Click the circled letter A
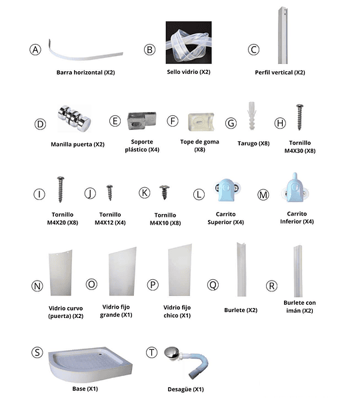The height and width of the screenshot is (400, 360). coord(35,50)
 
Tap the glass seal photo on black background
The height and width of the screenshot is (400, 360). coord(189,43)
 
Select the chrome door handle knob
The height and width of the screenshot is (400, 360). coord(74,118)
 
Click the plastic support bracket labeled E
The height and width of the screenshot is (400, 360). coord(141,121)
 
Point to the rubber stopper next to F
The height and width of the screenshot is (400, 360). coord(201,122)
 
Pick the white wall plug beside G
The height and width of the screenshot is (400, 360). coord(251,115)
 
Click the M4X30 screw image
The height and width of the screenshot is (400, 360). coord(299,117)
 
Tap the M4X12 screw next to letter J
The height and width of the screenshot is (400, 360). coord(110,193)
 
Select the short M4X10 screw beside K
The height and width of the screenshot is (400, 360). coord(165,192)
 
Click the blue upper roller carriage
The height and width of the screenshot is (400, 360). coord(227,190)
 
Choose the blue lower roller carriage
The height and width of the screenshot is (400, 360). coord(295,188)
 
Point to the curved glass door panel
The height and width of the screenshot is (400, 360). coord(61,273)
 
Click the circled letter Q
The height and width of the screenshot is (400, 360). coord(213,285)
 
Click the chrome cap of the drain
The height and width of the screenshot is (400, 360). coord(171,353)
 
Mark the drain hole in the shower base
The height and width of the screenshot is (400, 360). coord(100,353)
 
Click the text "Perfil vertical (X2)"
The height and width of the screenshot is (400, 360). coord(280,73)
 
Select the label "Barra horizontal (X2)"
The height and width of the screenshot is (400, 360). coord(86,73)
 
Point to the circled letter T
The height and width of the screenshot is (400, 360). coord(151,353)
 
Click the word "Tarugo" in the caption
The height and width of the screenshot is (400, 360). coord(247,143)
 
